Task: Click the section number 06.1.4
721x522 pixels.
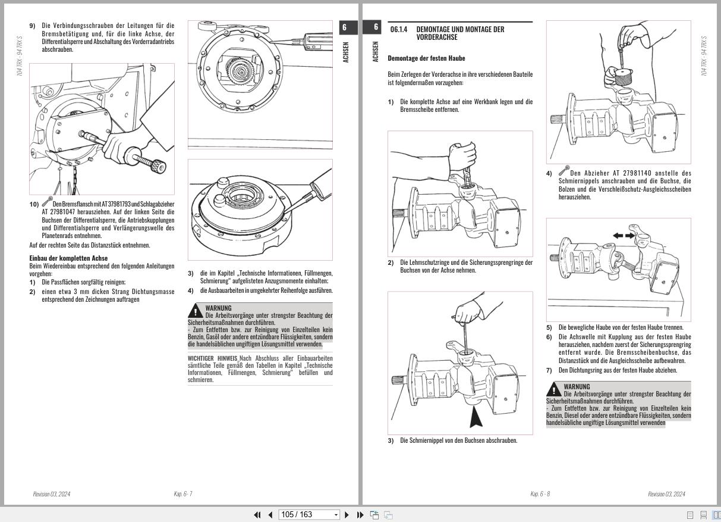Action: point(399,29)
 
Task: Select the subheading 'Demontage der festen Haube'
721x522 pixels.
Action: point(426,58)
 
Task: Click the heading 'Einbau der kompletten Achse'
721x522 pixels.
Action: point(68,258)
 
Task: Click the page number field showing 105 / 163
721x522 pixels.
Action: point(308,515)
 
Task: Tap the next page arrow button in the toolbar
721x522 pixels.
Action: point(347,515)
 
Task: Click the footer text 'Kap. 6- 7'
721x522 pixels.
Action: point(182,494)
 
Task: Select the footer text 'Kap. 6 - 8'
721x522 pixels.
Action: point(540,494)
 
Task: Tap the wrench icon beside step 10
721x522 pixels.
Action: point(47,202)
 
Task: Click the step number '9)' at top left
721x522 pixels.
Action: point(33,26)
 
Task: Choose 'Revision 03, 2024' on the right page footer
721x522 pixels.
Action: point(666,494)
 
